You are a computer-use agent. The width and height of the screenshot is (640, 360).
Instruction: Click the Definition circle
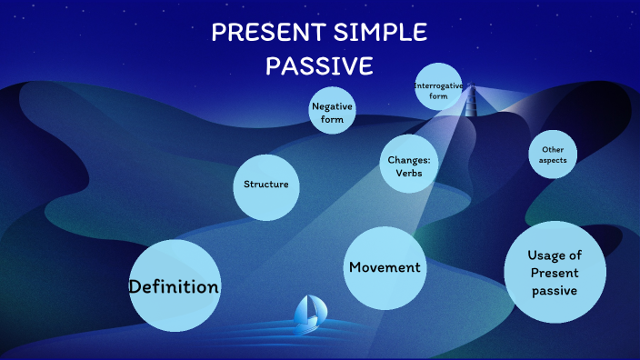(175, 286)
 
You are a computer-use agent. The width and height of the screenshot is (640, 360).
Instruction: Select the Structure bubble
(266, 185)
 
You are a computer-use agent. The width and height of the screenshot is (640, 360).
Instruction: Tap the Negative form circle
(332, 112)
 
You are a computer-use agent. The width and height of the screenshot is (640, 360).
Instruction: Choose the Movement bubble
(385, 267)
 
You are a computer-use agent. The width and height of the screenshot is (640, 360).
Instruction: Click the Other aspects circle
(553, 155)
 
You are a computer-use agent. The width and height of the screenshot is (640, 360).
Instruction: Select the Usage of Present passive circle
(554, 273)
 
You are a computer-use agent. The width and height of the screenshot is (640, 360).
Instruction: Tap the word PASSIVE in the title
(319, 67)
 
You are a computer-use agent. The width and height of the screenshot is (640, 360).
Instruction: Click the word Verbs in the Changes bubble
(405, 174)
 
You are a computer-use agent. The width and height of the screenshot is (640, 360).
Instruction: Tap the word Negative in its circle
(332, 105)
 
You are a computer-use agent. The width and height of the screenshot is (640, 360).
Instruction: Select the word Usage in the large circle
(554, 255)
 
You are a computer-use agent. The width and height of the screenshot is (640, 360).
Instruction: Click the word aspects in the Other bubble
(553, 160)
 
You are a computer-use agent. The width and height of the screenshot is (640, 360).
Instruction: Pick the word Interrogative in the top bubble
(439, 85)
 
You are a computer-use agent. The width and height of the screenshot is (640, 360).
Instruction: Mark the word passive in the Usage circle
(554, 290)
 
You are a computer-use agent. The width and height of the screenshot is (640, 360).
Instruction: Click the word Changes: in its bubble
(405, 160)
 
